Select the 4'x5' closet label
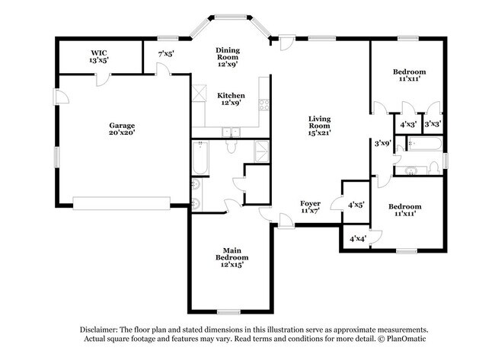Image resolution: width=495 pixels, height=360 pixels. pos(355,204)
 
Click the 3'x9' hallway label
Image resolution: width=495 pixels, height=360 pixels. pos(382,142)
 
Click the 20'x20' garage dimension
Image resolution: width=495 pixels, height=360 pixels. pos(122,132)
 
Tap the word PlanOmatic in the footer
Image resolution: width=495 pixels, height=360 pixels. pos(407,339)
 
